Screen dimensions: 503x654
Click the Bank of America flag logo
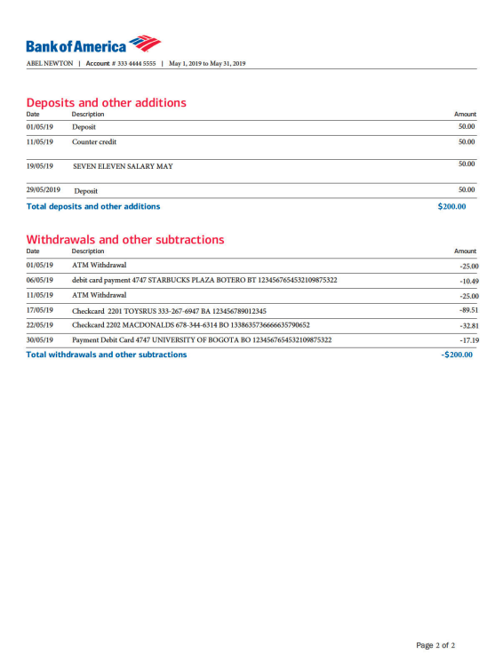[144, 44]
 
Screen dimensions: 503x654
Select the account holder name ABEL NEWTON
[50, 64]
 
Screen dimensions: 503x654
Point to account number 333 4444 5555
[136, 64]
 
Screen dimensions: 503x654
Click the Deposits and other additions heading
[106, 102]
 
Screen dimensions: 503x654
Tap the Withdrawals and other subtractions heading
[125, 239]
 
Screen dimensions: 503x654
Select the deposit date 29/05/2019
[44, 190]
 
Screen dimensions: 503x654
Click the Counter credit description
[94, 142]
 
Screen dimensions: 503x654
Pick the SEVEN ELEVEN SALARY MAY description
[123, 166]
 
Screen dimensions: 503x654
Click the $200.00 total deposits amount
[451, 206]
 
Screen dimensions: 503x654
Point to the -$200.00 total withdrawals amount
[457, 355]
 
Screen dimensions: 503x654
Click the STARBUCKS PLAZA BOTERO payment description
[204, 280]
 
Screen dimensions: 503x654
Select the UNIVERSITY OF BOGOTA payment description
[202, 340]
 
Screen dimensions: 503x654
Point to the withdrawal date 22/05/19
[40, 325]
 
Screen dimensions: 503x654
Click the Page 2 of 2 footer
[435, 644]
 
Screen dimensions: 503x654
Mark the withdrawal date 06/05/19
[40, 280]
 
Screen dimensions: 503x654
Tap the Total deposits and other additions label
[93, 206]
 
